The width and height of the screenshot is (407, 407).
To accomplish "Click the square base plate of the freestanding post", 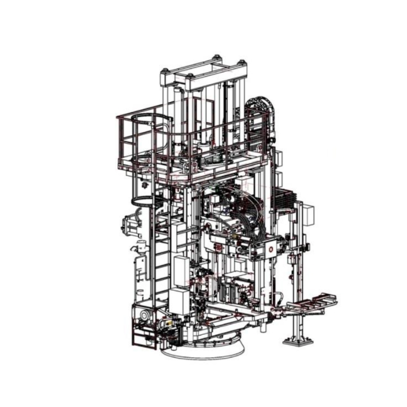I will pos(298,341).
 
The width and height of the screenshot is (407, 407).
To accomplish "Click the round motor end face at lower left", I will pos(145,314).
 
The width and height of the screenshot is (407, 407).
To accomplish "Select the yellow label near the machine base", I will pos(164,325).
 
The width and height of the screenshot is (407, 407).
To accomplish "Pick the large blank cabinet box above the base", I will pos(179,301).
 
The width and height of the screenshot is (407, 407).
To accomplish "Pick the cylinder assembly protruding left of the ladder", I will pos(131,223).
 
